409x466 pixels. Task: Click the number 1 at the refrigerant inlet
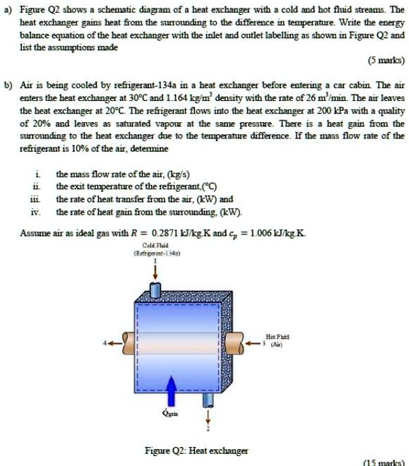coord(155,259)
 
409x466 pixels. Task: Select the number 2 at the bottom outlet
coord(208,429)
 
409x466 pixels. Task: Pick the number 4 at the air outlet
coord(107,345)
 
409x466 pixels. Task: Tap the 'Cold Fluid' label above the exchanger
coord(154,244)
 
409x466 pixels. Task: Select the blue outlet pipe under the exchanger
coord(208,399)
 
